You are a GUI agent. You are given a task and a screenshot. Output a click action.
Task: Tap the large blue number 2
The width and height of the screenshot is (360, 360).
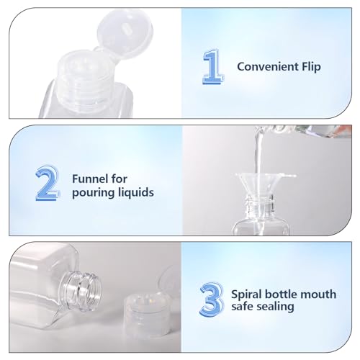[45, 184]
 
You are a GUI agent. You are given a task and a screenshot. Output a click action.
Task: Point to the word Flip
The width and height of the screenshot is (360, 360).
[308, 67]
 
